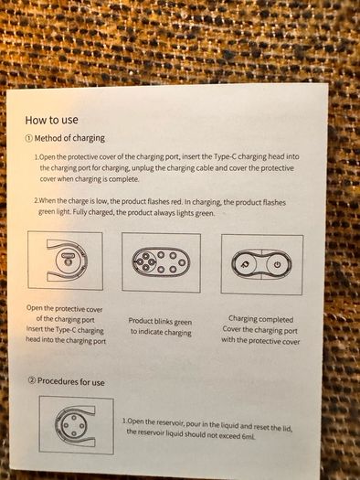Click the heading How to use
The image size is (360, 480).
[x=51, y=120]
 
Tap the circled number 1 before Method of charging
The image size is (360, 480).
[x=28, y=138]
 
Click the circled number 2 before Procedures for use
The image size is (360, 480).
[x=31, y=380]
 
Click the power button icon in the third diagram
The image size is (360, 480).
[x=277, y=264]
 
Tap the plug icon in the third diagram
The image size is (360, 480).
[x=244, y=264]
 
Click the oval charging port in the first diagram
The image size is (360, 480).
[x=68, y=255]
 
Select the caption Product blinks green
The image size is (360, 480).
[x=160, y=322]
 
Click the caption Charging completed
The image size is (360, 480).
[x=260, y=319]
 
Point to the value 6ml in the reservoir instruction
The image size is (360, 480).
[x=248, y=436]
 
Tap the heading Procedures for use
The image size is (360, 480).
[x=71, y=381]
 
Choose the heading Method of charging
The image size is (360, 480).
[x=69, y=138]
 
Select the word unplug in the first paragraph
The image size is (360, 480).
[x=143, y=168]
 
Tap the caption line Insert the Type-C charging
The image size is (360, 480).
[x=65, y=330]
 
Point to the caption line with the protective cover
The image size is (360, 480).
[x=260, y=340]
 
